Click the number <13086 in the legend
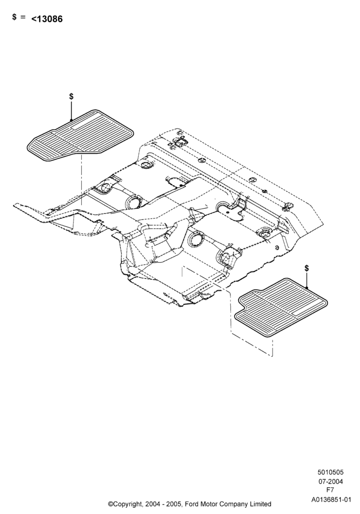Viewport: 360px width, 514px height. [x=47, y=19]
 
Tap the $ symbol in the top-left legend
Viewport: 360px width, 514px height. [x=14, y=17]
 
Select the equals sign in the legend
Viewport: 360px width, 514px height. [x=23, y=17]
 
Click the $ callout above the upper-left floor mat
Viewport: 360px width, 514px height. [x=71, y=97]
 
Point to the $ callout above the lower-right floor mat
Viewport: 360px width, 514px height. [x=307, y=268]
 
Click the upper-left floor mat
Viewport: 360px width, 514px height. [x=80, y=136]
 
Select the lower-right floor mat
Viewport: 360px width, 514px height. [x=281, y=308]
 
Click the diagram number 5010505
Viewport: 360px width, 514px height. [x=330, y=472]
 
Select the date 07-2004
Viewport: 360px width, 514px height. [x=331, y=482]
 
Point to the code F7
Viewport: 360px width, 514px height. [x=330, y=490]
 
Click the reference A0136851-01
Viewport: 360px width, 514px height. [x=331, y=500]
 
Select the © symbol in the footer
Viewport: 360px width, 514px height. [x=111, y=504]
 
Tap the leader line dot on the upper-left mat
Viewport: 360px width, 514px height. [x=71, y=120]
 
